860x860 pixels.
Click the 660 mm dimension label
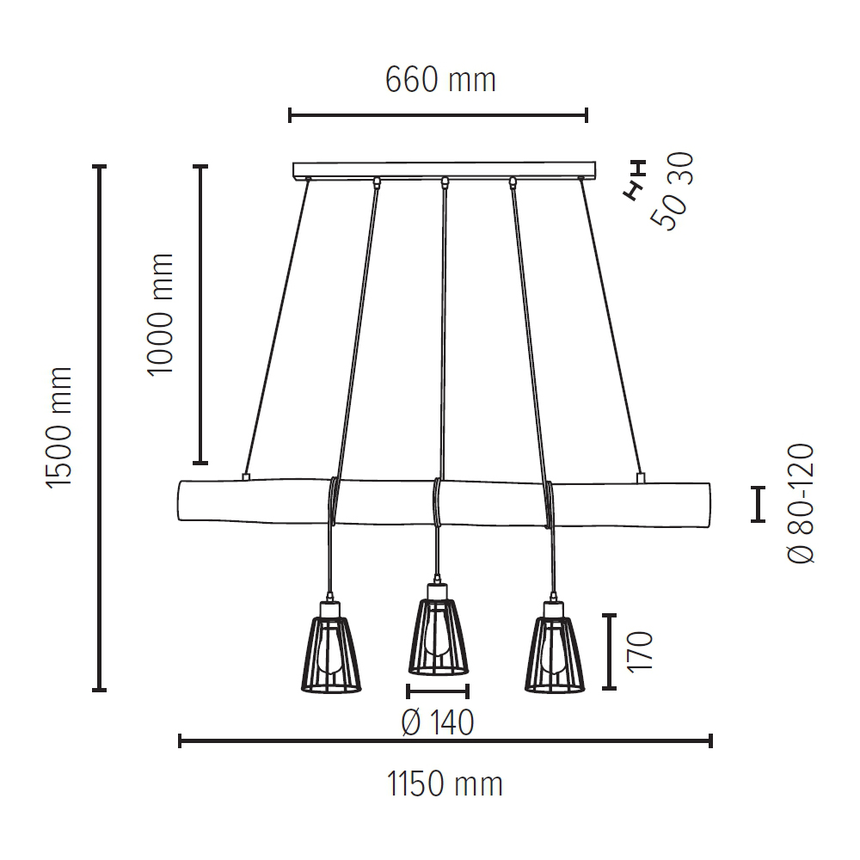[440, 80]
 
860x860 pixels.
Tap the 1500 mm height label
[59, 427]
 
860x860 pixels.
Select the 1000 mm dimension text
[161, 315]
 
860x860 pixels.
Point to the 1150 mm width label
[445, 783]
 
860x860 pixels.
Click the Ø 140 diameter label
[438, 722]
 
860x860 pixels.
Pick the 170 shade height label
[640, 652]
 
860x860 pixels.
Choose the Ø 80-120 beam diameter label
[801, 503]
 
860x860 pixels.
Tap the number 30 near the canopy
[680, 169]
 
